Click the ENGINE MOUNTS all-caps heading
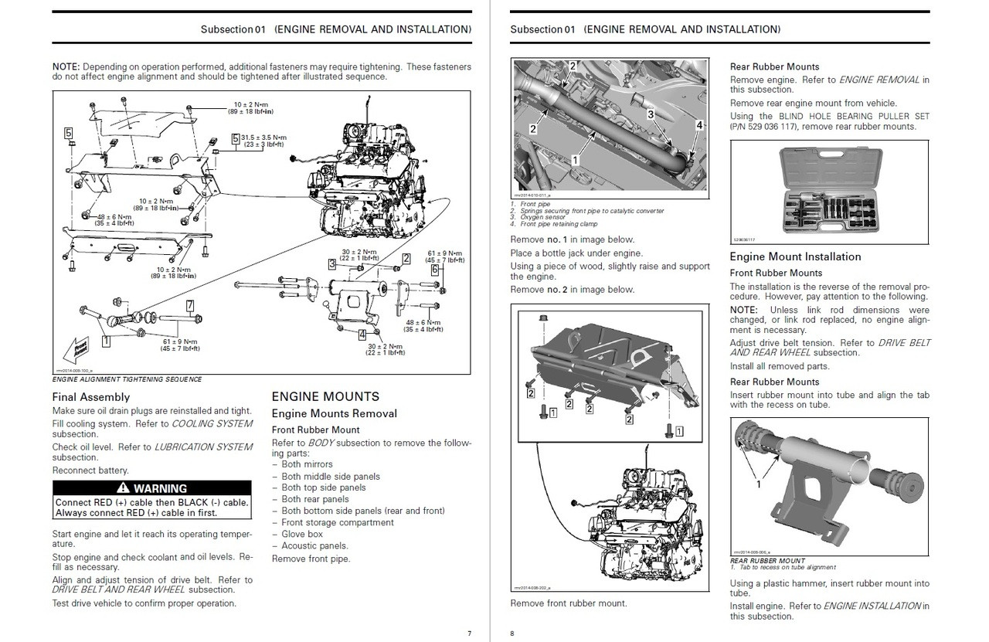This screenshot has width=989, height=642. click(325, 396)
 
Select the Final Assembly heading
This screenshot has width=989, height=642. click(91, 397)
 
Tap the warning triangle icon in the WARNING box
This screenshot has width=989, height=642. click(122, 488)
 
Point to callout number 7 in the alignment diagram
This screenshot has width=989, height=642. click(189, 306)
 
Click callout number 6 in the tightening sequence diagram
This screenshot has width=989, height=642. click(435, 270)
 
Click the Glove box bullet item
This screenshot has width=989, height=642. click(302, 534)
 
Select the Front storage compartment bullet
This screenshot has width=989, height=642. click(338, 522)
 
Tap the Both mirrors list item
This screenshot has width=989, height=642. click(307, 464)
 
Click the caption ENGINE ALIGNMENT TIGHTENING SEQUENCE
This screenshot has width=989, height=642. click(127, 379)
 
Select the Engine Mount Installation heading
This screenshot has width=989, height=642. click(795, 256)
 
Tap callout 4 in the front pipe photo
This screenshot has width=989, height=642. click(699, 124)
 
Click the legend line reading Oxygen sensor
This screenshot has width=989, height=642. click(545, 218)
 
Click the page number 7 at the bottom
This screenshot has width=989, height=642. click(468, 634)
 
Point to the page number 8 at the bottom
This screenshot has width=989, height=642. click(511, 634)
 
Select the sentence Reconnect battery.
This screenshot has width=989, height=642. click(90, 470)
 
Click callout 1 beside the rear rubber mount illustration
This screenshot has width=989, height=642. click(758, 484)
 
